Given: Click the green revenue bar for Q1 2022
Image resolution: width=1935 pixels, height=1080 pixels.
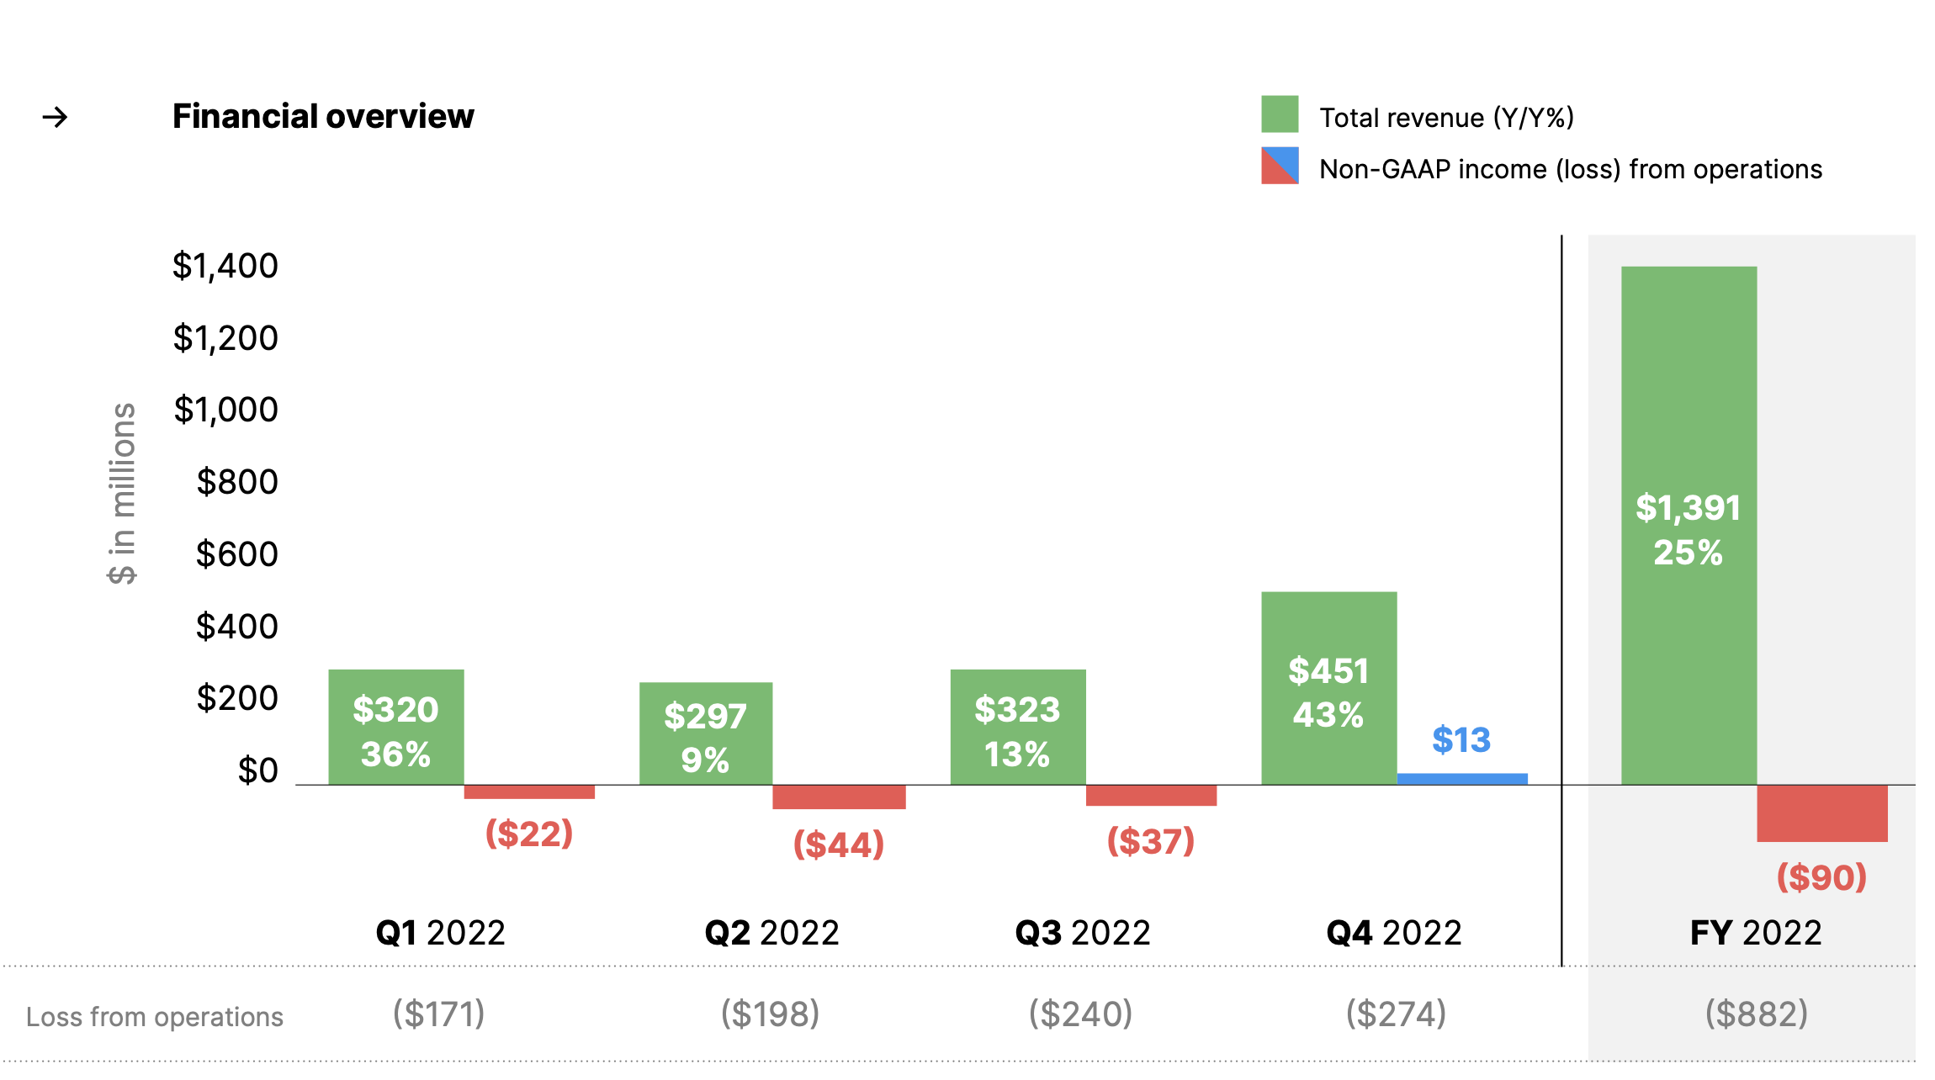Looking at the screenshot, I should click(395, 727).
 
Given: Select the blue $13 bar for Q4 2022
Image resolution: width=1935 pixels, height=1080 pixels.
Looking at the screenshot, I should click(1462, 779).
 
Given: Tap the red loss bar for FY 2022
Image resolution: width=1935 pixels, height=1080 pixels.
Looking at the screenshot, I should click(1821, 813).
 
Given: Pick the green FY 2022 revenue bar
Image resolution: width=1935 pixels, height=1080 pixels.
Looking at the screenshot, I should click(1688, 525).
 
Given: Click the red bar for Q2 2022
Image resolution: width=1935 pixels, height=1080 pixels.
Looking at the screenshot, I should click(839, 797).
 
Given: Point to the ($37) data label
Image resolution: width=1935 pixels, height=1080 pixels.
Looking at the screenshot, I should click(1150, 840).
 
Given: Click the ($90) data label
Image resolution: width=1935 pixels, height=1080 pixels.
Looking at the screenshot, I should click(1821, 877).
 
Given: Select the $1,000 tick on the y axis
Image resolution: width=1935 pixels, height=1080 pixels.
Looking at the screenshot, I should click(225, 410).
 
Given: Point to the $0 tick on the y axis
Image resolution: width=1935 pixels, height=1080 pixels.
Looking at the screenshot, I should click(257, 770).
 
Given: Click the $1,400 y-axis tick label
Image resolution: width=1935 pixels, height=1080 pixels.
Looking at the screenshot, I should click(225, 266).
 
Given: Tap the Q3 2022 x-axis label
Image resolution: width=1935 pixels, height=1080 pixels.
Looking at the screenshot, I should click(1082, 933).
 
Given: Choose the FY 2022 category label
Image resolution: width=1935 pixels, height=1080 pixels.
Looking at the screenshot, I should click(1756, 933).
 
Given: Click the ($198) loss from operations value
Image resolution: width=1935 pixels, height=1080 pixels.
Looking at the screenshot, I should click(770, 1014).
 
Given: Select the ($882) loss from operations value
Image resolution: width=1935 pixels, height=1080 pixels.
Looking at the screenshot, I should click(1756, 1014).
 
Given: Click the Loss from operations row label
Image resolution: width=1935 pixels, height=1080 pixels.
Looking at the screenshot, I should click(155, 1017).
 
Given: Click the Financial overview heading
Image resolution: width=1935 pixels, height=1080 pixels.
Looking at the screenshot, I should click(323, 116).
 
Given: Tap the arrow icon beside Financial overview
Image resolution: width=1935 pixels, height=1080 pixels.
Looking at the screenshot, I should click(56, 117).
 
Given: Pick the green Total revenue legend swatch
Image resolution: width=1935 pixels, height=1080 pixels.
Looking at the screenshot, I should click(1279, 114).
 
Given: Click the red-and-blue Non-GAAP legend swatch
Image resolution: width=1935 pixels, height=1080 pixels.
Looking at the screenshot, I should click(1279, 166).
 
